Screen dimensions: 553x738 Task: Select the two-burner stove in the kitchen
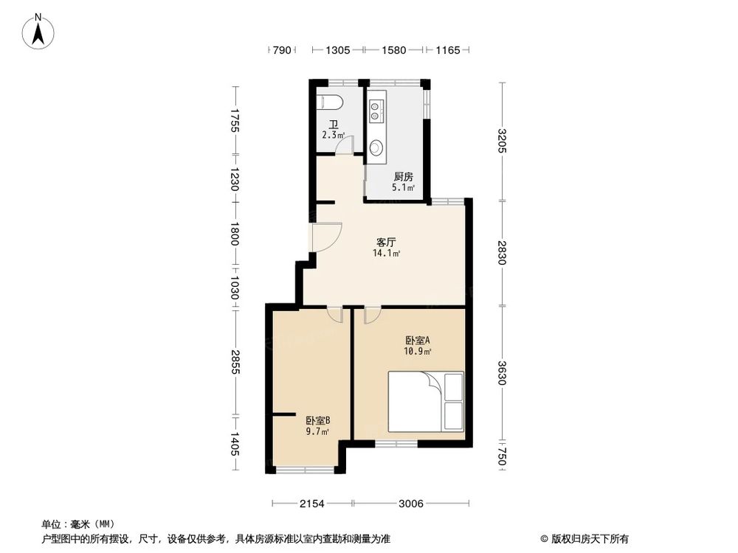pos(376,110)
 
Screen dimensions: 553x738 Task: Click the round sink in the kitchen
pos(376,147)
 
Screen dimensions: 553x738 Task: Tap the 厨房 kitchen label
pos(403,177)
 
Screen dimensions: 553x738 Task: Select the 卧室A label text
pos(417,340)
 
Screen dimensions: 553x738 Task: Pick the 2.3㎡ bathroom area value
pos(333,136)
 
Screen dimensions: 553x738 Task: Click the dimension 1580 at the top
pos(394,50)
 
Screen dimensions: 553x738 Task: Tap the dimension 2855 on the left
pos(234,361)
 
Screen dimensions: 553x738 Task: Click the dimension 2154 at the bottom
pos(312,504)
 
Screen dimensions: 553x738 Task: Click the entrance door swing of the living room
pos(325,237)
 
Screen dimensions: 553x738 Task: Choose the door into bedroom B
pos(336,314)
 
